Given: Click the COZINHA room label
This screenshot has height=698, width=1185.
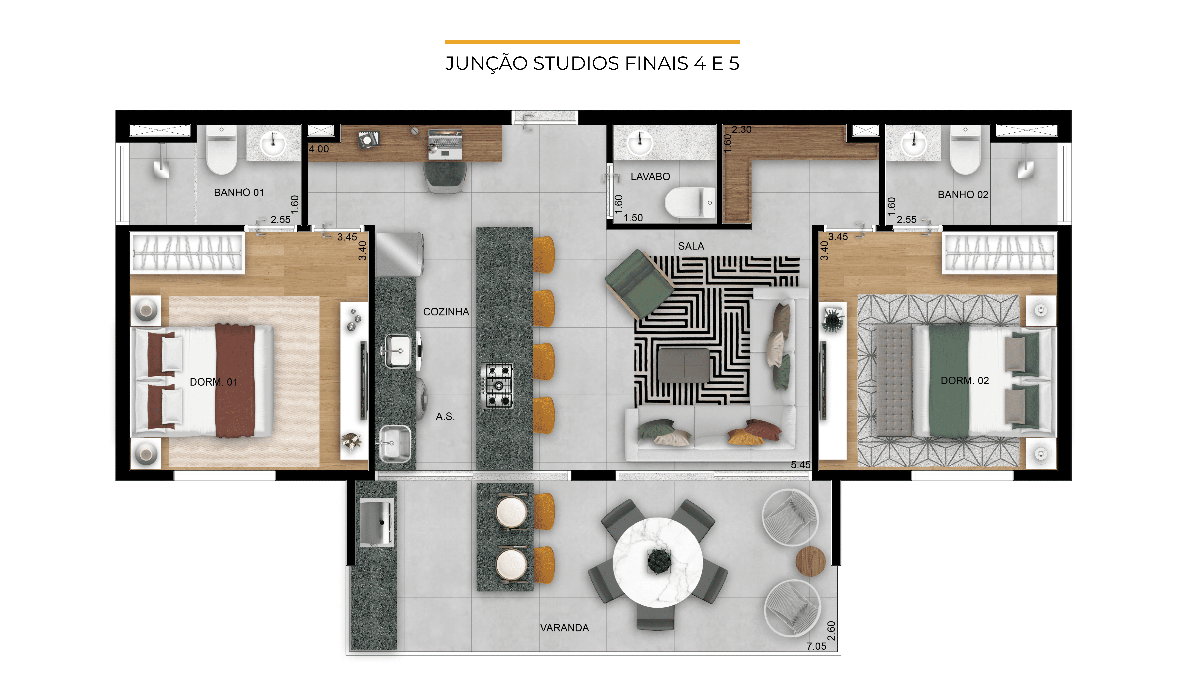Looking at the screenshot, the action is click(x=446, y=312).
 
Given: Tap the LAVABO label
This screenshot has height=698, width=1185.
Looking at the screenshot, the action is click(x=650, y=177).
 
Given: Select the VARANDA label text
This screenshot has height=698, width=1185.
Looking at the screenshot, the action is click(x=564, y=628).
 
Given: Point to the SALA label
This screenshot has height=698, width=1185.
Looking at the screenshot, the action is click(x=691, y=246).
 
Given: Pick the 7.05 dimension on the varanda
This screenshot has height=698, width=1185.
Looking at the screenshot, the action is click(x=816, y=646).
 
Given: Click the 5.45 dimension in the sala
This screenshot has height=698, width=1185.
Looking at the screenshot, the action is click(x=800, y=465).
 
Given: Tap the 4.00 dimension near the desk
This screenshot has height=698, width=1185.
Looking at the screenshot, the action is click(x=319, y=149).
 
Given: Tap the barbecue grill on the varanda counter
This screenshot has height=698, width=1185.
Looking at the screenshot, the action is click(x=377, y=522).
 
